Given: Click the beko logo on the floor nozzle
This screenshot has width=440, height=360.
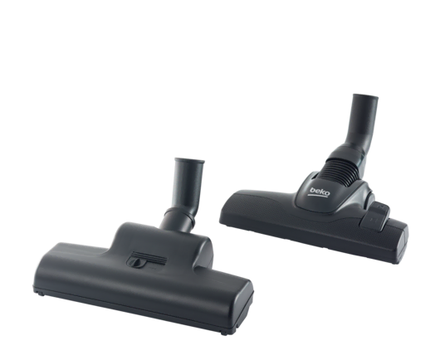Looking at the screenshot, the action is click(x=319, y=192).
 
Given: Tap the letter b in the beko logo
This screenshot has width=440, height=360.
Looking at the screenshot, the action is click(x=311, y=190).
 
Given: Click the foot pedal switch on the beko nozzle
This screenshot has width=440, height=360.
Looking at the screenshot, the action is click(x=375, y=216).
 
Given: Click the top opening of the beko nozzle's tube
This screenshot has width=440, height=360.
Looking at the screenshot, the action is click(x=365, y=96).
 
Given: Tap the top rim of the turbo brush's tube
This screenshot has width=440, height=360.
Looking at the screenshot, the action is click(x=189, y=160).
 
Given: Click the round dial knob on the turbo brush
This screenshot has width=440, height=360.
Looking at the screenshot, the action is click(x=135, y=262).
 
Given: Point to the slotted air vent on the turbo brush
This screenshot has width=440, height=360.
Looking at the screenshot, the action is click(x=149, y=257).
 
